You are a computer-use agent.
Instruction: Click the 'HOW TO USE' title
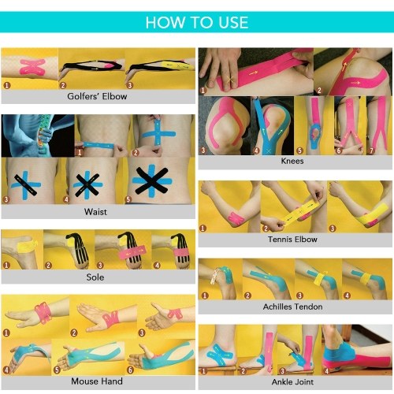pos(197,22)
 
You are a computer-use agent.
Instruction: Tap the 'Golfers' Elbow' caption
pos(97,96)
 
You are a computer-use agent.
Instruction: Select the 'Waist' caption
pos(95,212)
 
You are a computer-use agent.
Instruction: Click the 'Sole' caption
pos(95,277)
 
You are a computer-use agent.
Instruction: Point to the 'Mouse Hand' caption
pos(97,381)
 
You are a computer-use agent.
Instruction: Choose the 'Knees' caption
pos(292,161)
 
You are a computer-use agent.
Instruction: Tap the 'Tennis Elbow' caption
pos(292,240)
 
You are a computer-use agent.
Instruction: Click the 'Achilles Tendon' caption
pos(292,307)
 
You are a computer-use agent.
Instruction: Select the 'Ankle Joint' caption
pos(292,381)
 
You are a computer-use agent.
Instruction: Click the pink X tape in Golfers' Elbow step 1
pos(32,67)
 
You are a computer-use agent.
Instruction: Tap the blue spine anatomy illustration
pos(38,136)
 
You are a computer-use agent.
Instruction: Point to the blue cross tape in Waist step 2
pos(158,133)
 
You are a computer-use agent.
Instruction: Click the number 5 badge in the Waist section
pos(128,199)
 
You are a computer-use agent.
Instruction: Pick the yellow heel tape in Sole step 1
pos(26,246)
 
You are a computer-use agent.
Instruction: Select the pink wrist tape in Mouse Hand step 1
pos(43,312)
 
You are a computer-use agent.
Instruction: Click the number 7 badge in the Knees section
pos(372,151)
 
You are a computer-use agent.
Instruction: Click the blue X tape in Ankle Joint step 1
pos(220,354)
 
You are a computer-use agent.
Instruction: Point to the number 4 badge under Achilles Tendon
pos(347,295)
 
